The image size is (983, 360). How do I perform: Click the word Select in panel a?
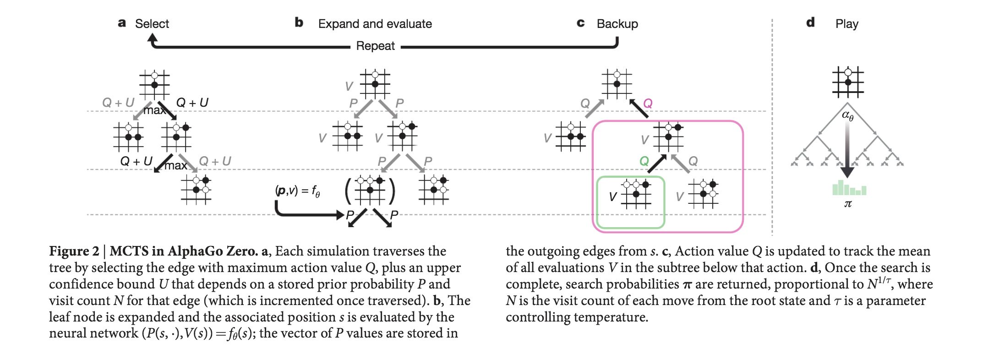[152, 24]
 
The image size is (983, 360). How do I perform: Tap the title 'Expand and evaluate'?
[375, 24]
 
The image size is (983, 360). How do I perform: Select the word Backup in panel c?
[617, 24]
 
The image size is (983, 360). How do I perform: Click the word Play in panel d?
[846, 24]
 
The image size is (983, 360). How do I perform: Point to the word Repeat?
[375, 46]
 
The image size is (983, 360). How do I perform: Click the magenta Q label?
[648, 104]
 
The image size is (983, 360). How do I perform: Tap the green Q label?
[644, 161]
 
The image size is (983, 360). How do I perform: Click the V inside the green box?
[613, 197]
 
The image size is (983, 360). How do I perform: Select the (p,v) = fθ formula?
[297, 191]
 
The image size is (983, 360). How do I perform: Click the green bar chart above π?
[849, 188]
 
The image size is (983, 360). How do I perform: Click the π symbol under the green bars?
[848, 204]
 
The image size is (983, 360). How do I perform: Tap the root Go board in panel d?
[848, 82]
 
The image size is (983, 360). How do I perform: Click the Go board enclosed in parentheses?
[370, 191]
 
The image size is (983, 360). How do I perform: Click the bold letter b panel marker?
[299, 22]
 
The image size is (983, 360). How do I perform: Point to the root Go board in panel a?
[154, 85]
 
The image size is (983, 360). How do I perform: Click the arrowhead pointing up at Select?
[153, 38]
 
